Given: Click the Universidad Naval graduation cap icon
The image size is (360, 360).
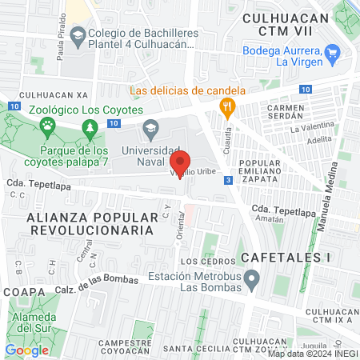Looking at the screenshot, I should click(150, 128).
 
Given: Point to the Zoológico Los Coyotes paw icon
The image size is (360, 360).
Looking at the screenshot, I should click(48, 125).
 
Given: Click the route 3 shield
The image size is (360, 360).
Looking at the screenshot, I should click(229, 180).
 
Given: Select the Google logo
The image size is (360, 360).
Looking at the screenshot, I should click(27, 350).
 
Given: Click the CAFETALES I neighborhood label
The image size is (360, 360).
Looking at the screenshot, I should click(283, 258).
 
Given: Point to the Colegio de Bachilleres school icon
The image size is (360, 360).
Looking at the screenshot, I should click(78, 34).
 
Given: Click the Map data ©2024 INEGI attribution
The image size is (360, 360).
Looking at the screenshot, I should click(313, 354).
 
